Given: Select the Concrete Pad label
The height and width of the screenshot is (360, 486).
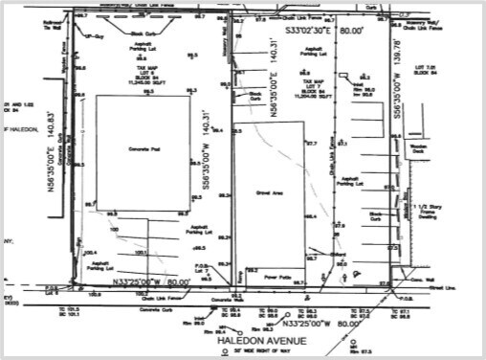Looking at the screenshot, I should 141,151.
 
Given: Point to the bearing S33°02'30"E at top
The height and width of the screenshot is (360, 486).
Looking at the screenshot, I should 307,31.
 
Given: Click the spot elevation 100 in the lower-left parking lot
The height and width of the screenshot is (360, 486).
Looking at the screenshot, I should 115,229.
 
